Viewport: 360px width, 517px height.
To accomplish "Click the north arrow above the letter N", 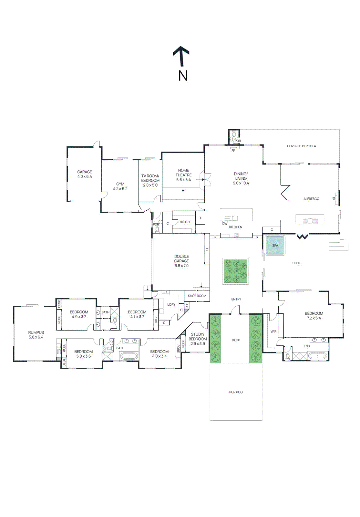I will (181, 56).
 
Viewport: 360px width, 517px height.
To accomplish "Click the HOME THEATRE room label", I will (183, 173).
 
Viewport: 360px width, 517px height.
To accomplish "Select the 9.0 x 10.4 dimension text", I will (241, 183).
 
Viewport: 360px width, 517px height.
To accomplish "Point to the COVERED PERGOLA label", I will (301, 146).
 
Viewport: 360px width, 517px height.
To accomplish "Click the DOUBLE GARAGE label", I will (181, 258).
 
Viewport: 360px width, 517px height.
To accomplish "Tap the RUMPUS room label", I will (36, 332).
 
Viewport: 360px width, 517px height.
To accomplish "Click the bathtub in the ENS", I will (318, 356).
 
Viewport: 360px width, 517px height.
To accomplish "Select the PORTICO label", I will (236, 392).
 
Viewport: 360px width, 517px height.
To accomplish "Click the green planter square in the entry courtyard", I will (235, 271).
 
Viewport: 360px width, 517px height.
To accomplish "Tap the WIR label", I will (273, 332).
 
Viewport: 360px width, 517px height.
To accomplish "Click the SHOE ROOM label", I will (197, 296).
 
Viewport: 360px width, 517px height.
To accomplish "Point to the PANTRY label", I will (184, 222).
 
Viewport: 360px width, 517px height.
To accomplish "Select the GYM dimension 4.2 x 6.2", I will (120, 189).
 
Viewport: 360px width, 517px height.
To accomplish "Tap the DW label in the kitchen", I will (225, 224).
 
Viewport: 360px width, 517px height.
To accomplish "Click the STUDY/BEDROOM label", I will (198, 337).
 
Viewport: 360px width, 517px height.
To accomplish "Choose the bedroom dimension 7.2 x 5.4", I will (314, 318).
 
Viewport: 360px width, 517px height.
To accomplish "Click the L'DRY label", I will (171, 305).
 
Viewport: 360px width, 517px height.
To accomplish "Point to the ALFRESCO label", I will (311, 199).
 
